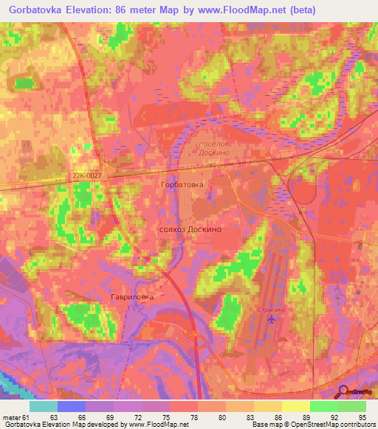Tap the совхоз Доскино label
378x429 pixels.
coord(190,229)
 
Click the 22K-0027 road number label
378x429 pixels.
coord(86,175)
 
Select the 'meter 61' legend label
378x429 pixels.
coord(16,416)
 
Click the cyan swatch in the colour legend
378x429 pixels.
coord(44,406)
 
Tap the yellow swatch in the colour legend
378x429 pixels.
coord(296,406)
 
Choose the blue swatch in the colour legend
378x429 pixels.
coord(72,406)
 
